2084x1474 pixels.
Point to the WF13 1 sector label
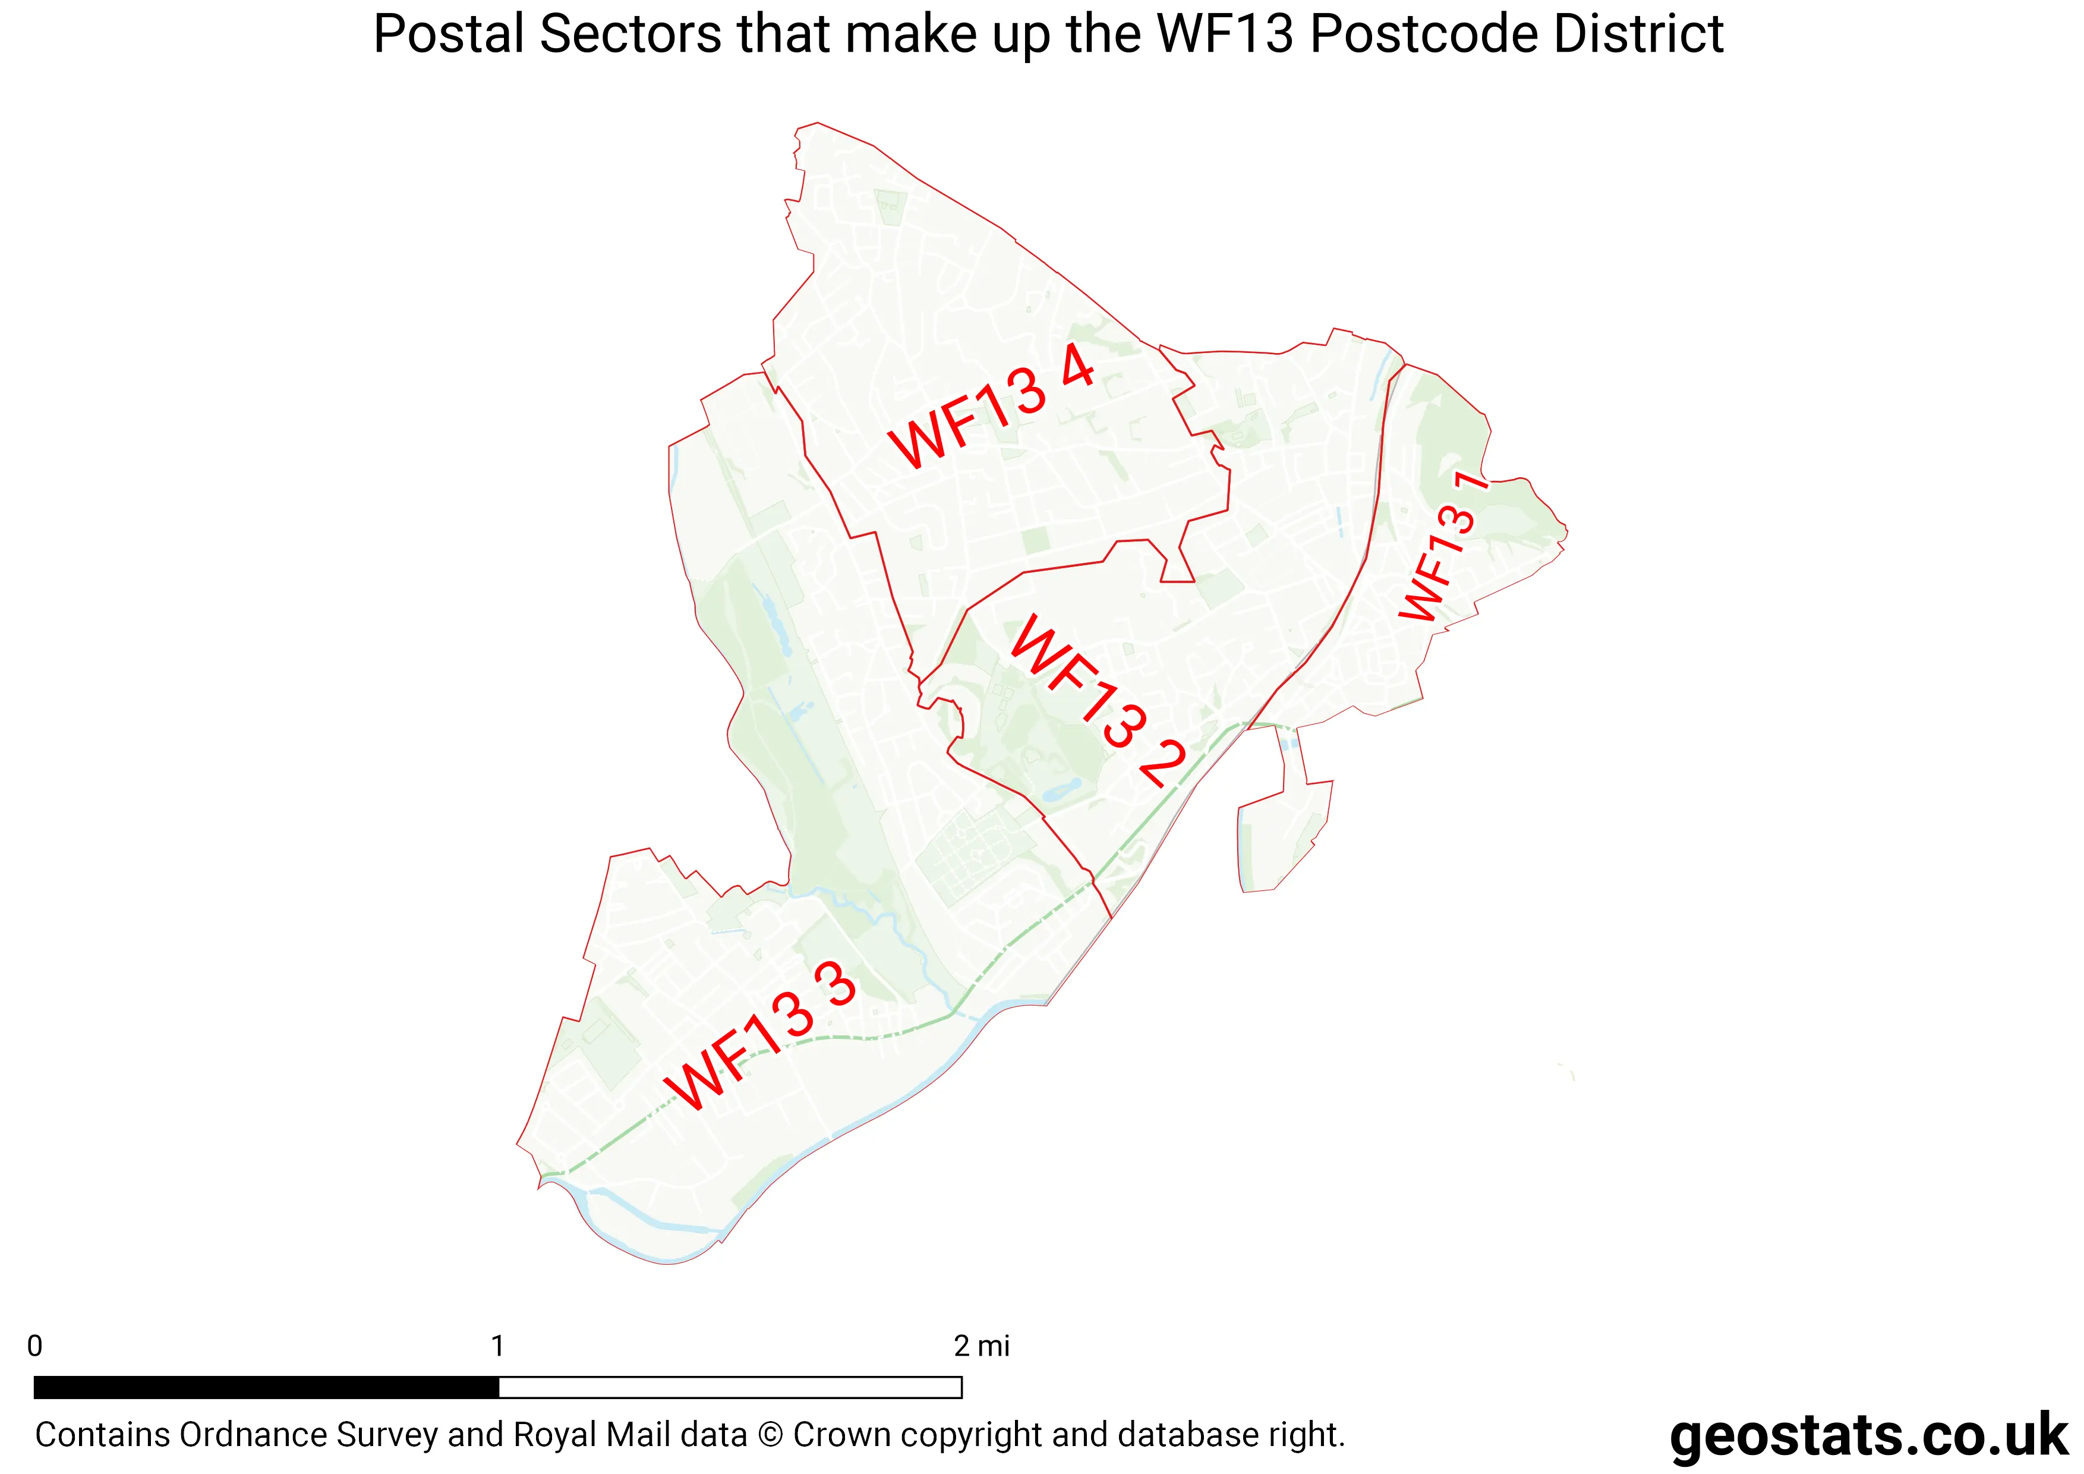(x=1443, y=547)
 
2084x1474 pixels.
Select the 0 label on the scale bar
(x=34, y=1346)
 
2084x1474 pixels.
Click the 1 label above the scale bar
(x=497, y=1346)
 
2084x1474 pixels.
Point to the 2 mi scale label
(x=981, y=1346)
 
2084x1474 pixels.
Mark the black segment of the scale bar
(x=266, y=1387)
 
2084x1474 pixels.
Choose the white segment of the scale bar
(x=730, y=1387)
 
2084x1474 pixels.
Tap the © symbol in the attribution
(x=770, y=1435)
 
